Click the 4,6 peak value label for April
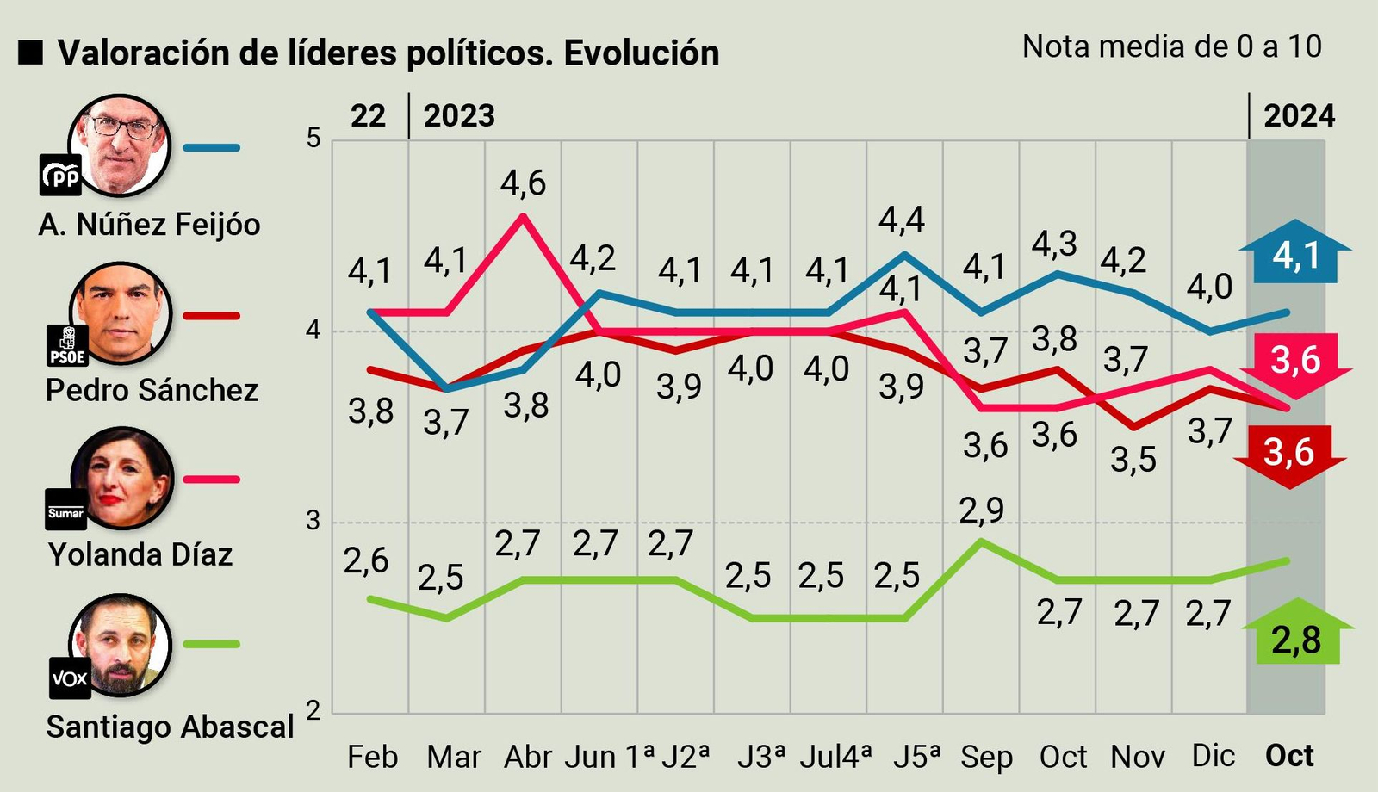click(x=523, y=183)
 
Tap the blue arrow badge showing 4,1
click(x=1295, y=256)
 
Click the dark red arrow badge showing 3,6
click(x=1289, y=452)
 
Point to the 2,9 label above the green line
click(x=982, y=510)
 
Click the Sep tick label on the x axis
click(x=986, y=757)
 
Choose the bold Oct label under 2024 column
click(x=1289, y=756)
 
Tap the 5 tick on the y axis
click(x=313, y=138)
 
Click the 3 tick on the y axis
click(x=313, y=521)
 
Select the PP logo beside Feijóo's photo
click(x=61, y=176)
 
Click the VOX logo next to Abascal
click(x=70, y=678)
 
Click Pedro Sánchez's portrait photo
click(x=121, y=313)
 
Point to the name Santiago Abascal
click(x=170, y=727)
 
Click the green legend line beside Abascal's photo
click(x=212, y=644)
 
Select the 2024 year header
click(x=1299, y=116)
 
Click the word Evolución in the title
click(x=642, y=53)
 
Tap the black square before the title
click(x=31, y=53)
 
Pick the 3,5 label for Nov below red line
click(x=1133, y=461)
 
